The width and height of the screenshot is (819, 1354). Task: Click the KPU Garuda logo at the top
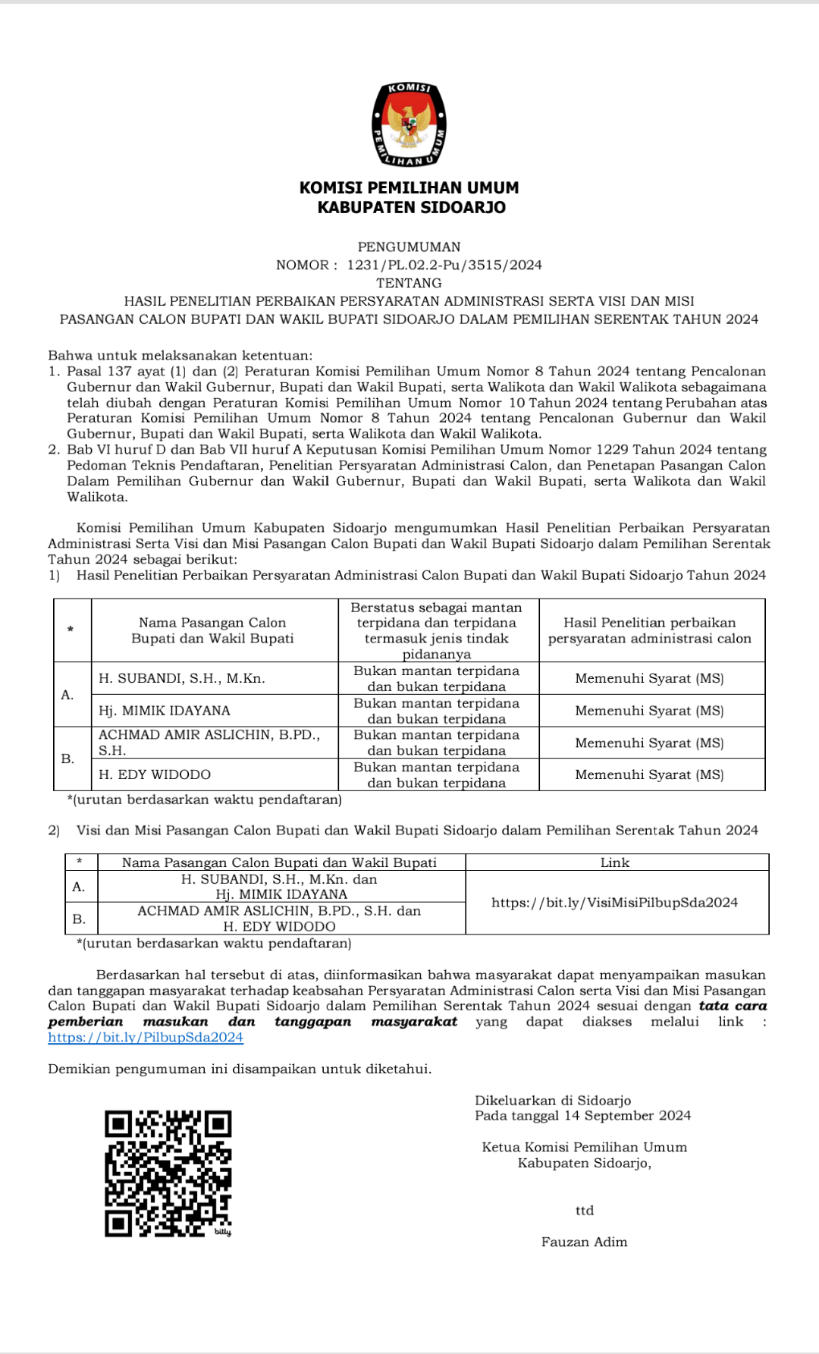(409, 124)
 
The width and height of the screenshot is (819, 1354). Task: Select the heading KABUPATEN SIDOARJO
(411, 207)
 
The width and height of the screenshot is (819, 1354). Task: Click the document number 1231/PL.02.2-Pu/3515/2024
(444, 265)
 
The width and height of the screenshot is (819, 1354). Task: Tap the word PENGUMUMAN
(409, 247)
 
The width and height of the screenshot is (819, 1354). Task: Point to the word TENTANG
(409, 283)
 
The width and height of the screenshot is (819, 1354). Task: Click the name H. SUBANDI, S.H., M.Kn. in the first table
(182, 678)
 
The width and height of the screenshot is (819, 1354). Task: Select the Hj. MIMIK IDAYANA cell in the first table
(165, 711)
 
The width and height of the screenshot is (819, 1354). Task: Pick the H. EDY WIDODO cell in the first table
(155, 774)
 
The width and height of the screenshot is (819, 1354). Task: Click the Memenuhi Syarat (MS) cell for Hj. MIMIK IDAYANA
(649, 711)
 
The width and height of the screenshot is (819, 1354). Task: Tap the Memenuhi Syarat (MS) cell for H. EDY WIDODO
(649, 774)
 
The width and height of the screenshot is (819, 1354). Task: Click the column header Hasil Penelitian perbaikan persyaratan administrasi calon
(649, 630)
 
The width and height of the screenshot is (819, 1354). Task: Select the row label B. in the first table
(67, 759)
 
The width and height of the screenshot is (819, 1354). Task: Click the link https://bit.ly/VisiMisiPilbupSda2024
(614, 903)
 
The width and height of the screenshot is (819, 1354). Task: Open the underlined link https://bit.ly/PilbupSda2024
(146, 1037)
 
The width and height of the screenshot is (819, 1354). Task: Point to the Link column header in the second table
(614, 862)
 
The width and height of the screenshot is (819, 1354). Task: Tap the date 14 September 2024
(627, 1115)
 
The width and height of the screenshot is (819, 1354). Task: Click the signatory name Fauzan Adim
(584, 1242)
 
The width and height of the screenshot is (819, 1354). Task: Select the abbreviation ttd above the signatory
(584, 1211)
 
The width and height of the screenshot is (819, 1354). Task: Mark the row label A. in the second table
(79, 887)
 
